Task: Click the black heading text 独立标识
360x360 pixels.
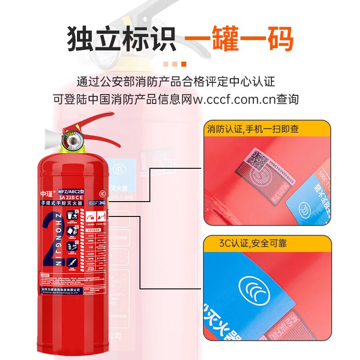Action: click(121, 39)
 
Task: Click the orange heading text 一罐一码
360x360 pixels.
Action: click(239, 39)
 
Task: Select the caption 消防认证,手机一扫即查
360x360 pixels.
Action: click(253, 129)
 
